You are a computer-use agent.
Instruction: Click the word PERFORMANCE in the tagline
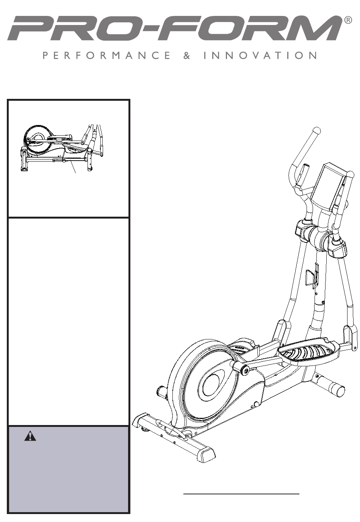(x=106, y=56)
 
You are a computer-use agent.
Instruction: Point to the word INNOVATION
(x=260, y=56)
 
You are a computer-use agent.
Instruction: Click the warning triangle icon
(x=30, y=437)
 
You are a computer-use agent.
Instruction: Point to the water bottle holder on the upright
(x=312, y=278)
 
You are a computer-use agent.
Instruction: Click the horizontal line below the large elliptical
(x=241, y=494)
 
